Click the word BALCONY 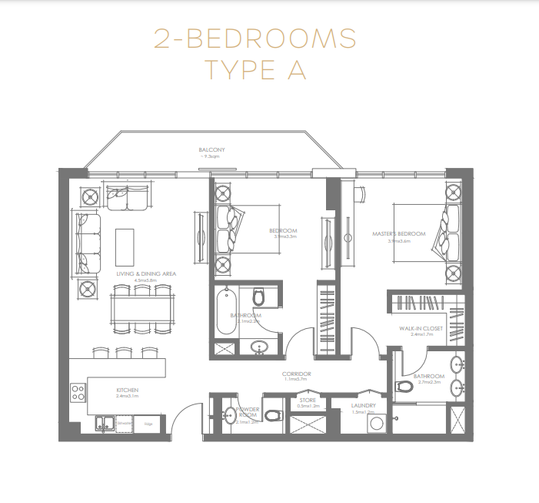click(211, 149)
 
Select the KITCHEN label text click(127, 390)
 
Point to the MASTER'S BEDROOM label click(398, 233)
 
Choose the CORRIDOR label click(296, 374)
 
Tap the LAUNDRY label click(362, 405)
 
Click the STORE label click(308, 400)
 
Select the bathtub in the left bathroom click(228, 311)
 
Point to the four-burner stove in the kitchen click(78, 393)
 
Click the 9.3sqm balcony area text click(211, 156)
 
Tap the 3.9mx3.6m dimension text click(398, 240)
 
